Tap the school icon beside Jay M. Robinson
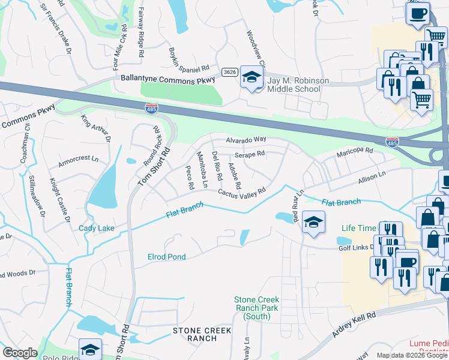252,77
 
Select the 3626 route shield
229,71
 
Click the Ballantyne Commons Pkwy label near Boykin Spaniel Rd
159,79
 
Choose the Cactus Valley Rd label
241,193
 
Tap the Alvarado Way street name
246,140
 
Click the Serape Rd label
250,154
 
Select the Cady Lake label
96,228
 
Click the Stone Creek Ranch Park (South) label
257,308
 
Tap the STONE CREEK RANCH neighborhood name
194,334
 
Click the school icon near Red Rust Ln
313,223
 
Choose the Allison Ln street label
372,178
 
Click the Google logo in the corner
20,353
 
